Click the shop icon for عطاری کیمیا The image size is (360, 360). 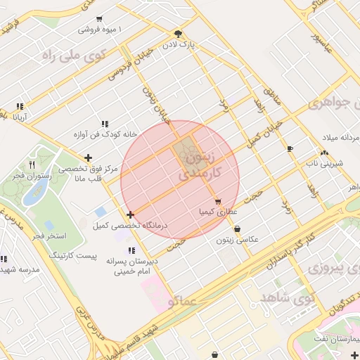(x=218, y=201)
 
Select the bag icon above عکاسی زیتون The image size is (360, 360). (x=237, y=229)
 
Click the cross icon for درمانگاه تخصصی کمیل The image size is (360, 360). (x=130, y=214)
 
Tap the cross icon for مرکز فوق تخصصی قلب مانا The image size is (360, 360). (x=87, y=158)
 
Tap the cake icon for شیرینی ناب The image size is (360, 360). (x=324, y=153)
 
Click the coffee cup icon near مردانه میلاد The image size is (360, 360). (x=290, y=148)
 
